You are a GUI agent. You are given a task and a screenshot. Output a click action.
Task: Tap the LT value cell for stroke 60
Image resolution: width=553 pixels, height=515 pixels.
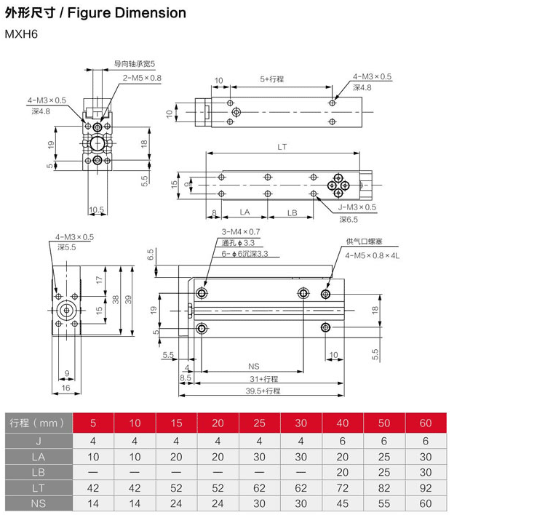[x=426, y=488]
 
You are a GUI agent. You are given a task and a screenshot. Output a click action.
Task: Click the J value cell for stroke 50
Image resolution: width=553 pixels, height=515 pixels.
[x=384, y=441]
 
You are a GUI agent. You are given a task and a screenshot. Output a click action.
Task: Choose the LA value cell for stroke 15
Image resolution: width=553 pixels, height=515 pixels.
[x=177, y=457]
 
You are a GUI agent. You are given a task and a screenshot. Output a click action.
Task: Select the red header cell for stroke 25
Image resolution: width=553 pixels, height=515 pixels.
[x=260, y=423]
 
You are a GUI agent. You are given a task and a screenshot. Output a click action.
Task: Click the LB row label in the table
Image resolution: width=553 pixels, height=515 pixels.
[x=39, y=472]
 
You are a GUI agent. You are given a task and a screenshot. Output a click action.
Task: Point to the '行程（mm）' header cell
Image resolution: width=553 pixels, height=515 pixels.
[x=39, y=423]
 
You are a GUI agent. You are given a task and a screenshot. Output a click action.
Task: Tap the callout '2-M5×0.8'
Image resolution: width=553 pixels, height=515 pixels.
[x=142, y=78]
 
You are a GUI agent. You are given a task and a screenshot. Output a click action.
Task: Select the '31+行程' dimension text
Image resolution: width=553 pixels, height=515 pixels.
[x=263, y=379]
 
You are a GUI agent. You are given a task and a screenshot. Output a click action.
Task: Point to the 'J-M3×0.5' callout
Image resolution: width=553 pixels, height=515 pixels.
[x=358, y=207]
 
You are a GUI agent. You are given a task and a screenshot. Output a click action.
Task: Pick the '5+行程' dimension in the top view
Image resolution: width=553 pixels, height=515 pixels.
[x=272, y=79]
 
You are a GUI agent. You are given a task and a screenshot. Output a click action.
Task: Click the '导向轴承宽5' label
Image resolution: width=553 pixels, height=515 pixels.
[x=135, y=64]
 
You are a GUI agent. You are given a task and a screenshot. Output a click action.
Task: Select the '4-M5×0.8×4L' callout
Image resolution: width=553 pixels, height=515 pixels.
[x=373, y=255]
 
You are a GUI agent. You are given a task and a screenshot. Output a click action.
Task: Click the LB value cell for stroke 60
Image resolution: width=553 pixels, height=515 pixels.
[x=426, y=472]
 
